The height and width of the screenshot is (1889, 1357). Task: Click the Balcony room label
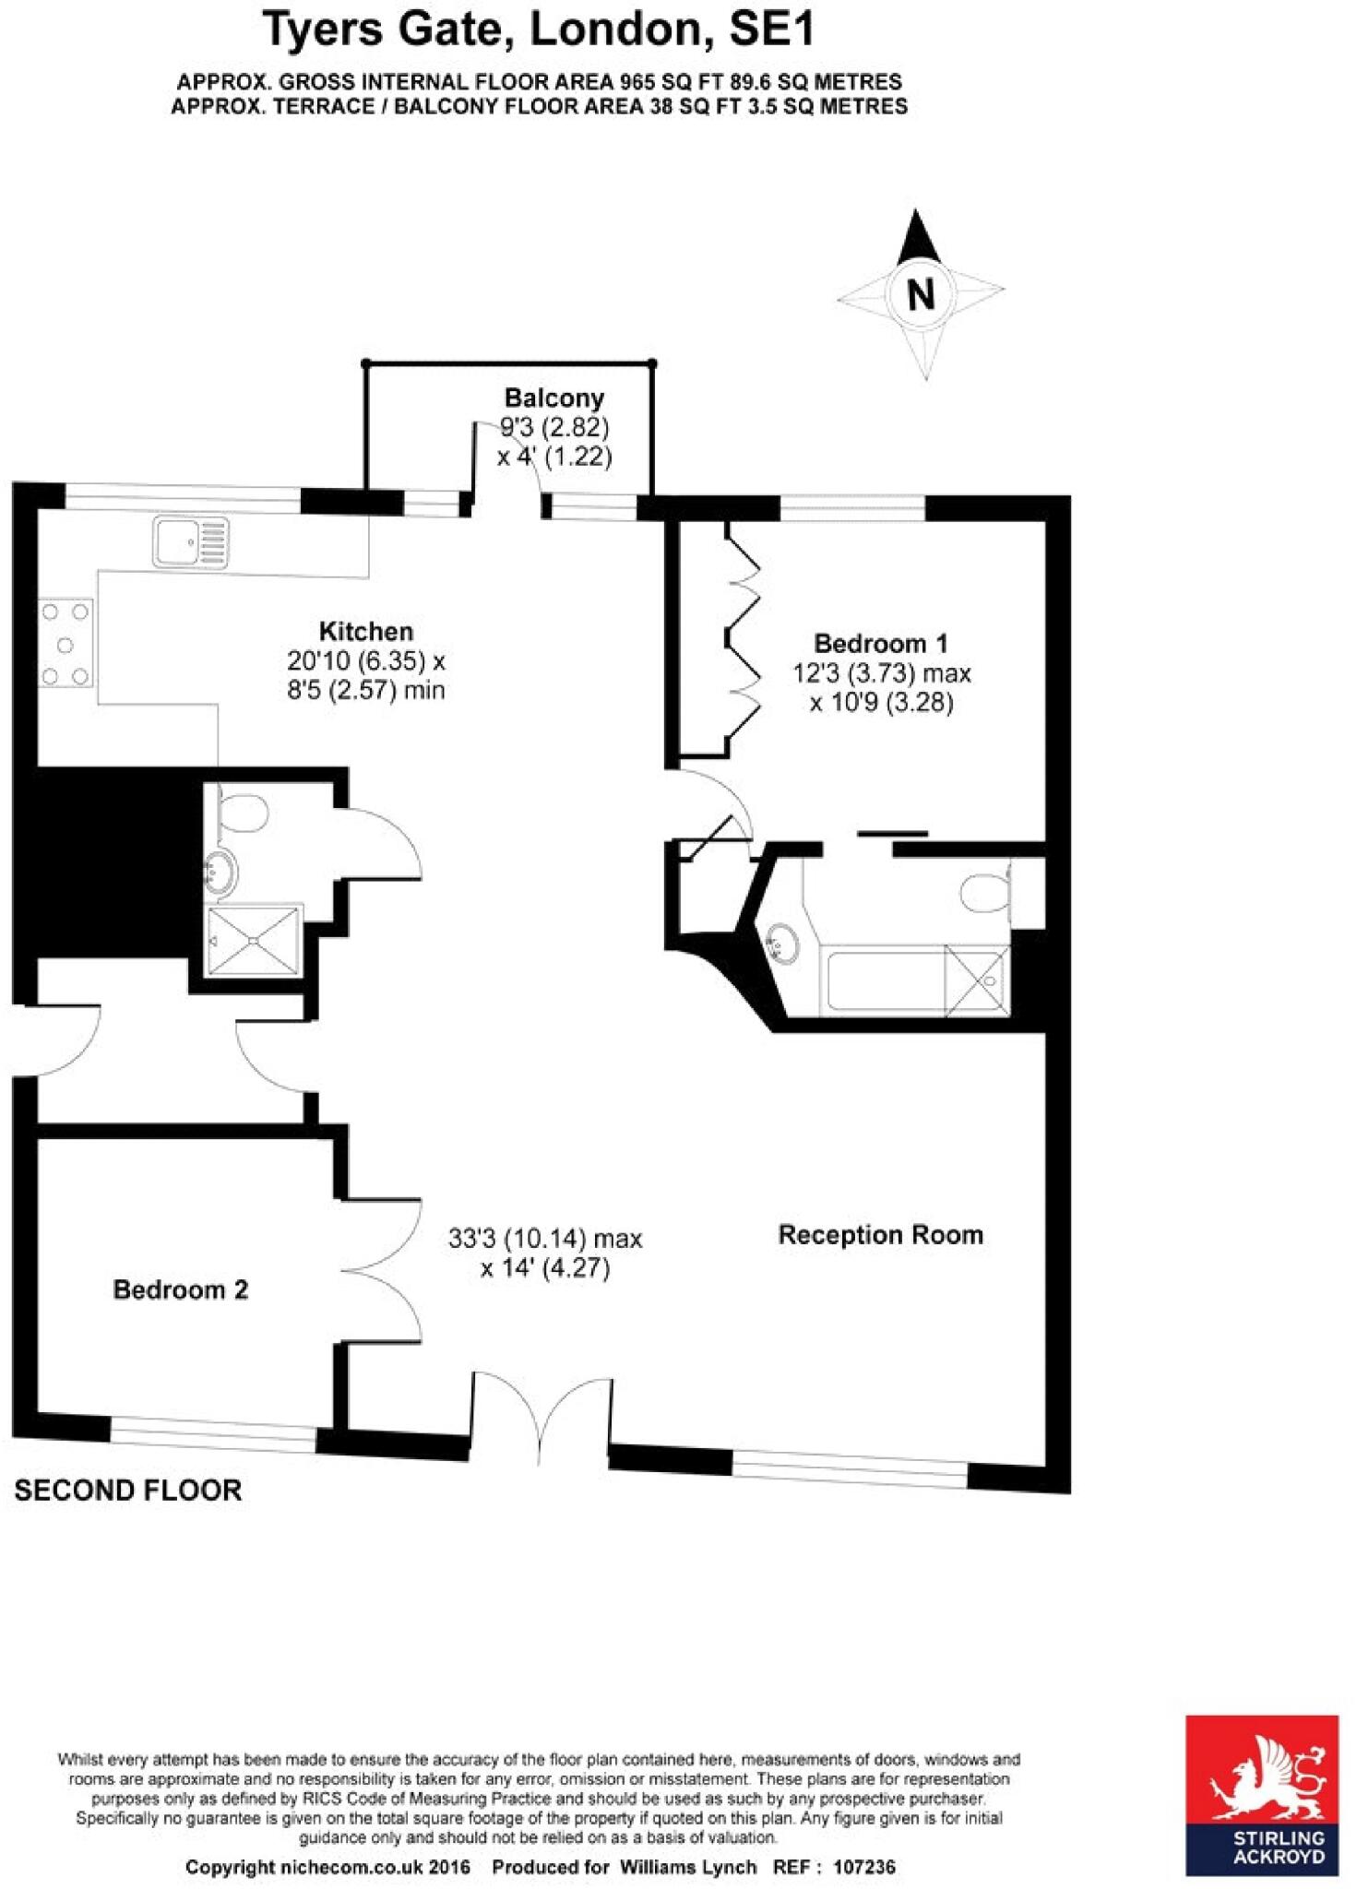(554, 398)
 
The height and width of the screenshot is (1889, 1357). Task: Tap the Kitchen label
(365, 632)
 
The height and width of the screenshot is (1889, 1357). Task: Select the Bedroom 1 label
(880, 643)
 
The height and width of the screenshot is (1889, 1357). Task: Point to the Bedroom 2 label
(180, 1289)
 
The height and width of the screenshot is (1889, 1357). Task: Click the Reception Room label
(880, 1235)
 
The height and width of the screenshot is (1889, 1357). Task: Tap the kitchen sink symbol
(191, 541)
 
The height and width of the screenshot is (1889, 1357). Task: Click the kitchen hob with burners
(65, 644)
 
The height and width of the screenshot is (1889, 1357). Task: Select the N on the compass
(921, 294)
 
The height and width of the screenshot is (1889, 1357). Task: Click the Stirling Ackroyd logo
(1261, 1796)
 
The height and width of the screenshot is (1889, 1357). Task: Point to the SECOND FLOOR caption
(127, 1491)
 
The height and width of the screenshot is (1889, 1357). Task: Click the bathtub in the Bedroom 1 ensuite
(886, 980)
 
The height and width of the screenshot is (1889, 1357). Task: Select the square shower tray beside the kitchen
(254, 940)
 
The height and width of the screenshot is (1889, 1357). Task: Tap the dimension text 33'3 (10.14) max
(544, 1239)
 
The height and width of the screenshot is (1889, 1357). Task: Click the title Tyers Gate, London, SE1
(539, 30)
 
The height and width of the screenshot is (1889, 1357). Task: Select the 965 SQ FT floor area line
(539, 81)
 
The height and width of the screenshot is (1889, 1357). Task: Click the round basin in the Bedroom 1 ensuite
(782, 943)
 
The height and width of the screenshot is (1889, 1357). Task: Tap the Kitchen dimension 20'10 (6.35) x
(365, 661)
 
